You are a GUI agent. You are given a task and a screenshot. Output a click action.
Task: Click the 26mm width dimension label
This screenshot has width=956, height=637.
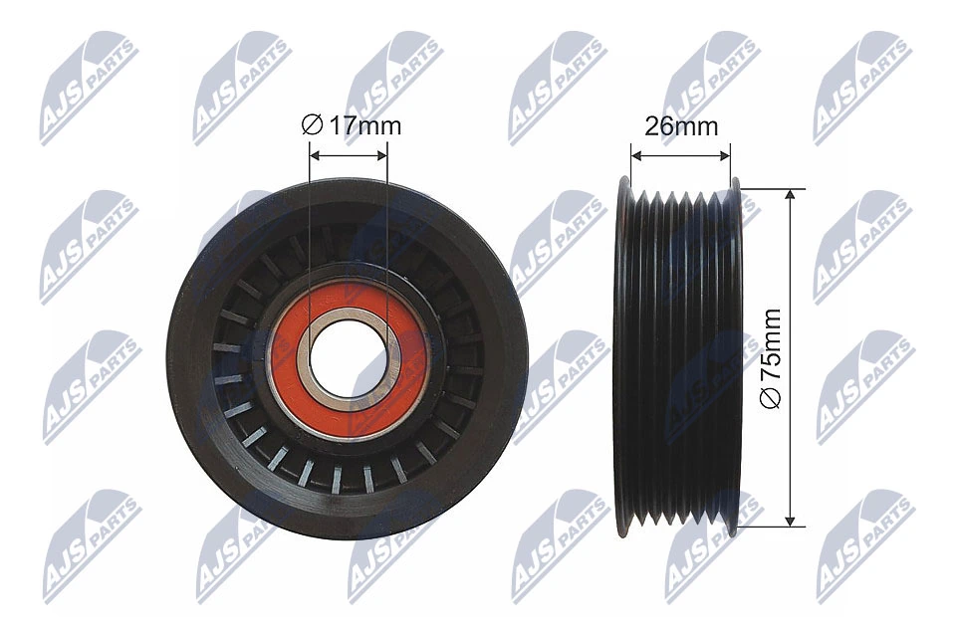681,126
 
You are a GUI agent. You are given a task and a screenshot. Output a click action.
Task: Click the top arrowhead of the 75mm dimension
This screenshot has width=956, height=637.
791,195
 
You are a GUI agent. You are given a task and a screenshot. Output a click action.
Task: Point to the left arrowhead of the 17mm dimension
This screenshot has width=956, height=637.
315,155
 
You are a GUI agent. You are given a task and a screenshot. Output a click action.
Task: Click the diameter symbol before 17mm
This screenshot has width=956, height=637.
310,126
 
